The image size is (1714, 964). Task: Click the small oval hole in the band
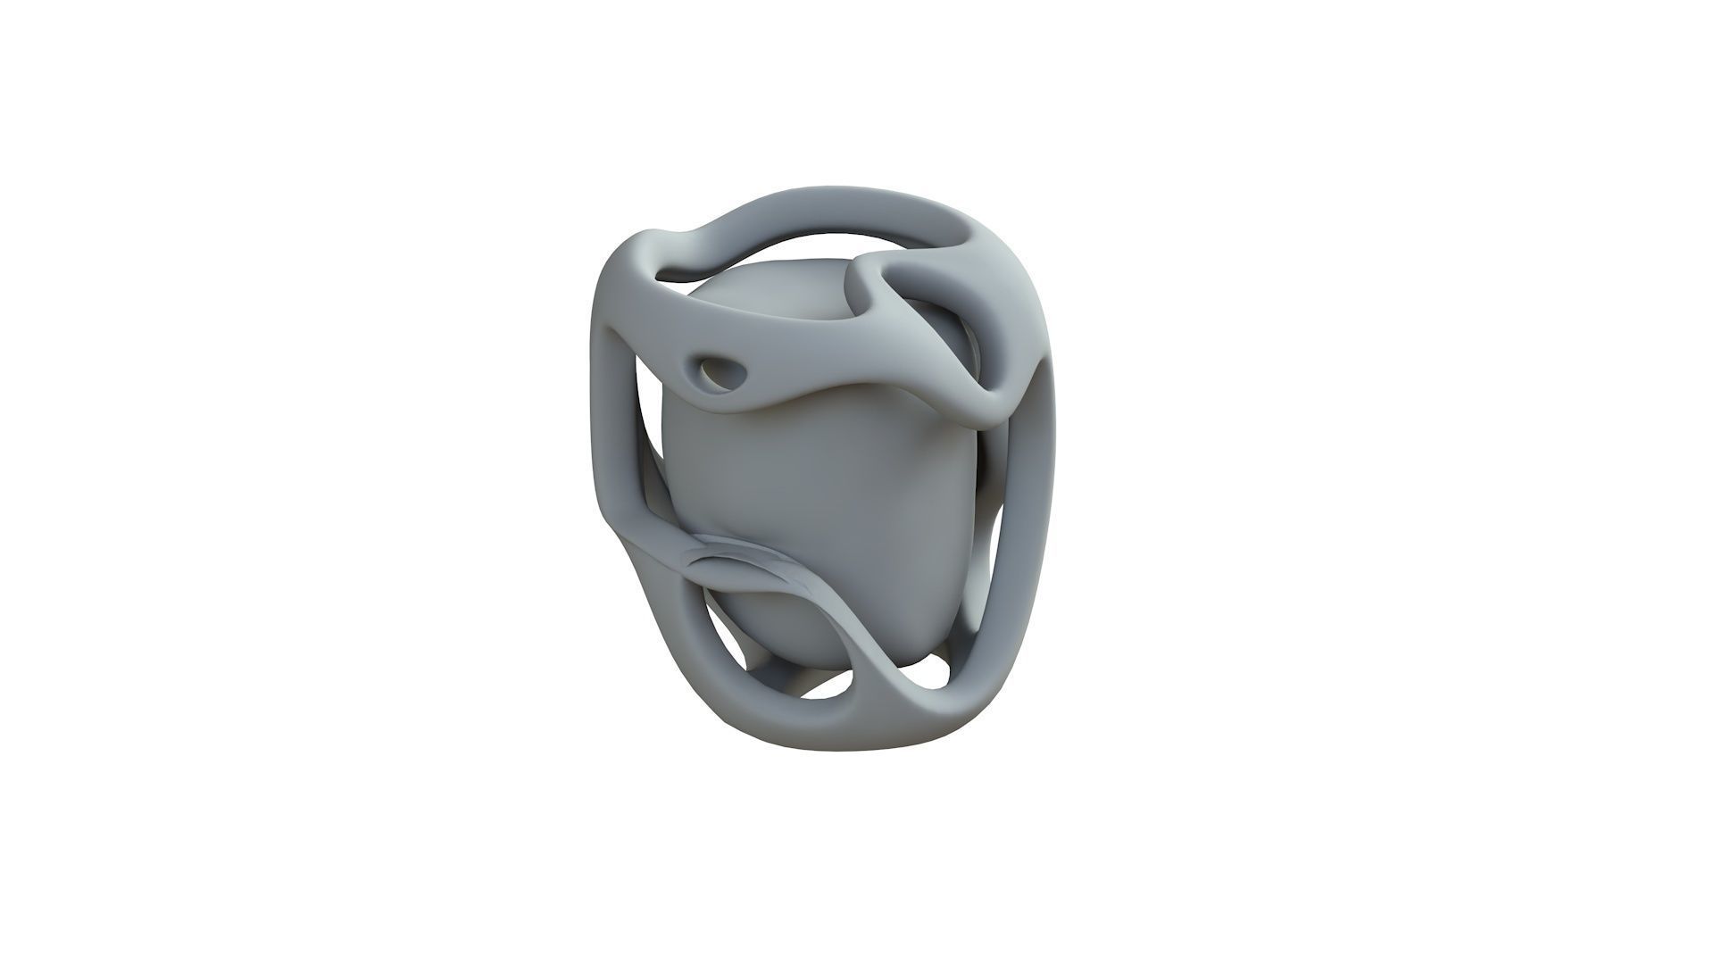(714, 368)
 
